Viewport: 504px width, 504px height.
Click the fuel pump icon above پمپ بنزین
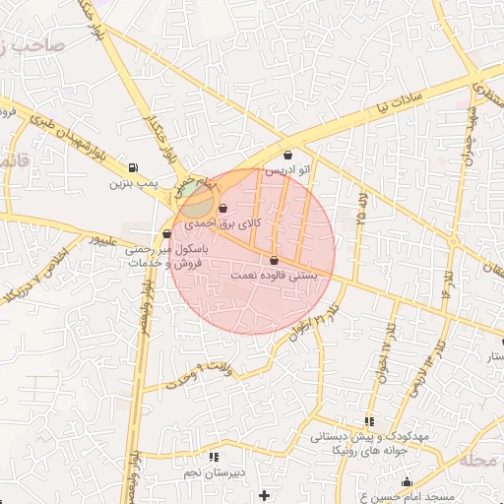(x=133, y=166)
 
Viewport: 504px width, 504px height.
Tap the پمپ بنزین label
(x=132, y=183)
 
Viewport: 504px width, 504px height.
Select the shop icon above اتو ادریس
(x=287, y=155)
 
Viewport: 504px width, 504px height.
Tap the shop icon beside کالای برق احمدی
(x=223, y=208)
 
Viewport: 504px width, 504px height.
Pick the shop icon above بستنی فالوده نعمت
(x=274, y=260)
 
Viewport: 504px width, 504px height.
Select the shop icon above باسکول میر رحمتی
(x=165, y=234)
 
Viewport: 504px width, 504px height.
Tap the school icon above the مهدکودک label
(x=369, y=420)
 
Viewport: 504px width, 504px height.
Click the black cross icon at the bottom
(x=263, y=493)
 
